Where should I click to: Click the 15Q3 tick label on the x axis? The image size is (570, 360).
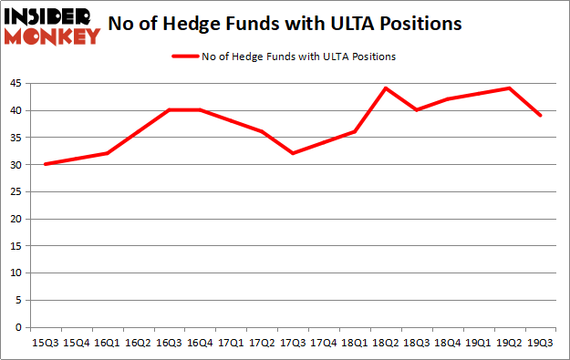coord(45,344)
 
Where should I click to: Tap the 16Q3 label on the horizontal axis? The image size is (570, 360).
coord(169,344)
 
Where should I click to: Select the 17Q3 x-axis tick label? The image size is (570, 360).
coord(293,344)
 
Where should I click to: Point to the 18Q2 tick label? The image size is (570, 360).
coord(386,344)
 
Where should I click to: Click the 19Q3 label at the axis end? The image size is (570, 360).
coord(541,344)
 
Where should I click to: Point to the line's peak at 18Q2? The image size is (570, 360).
coord(386,88)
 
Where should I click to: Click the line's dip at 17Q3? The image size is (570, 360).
coord(293,153)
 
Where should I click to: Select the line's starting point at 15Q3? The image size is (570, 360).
coord(45,164)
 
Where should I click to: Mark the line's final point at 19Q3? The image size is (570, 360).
coord(541,116)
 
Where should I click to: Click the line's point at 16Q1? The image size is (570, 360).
coord(107,153)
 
